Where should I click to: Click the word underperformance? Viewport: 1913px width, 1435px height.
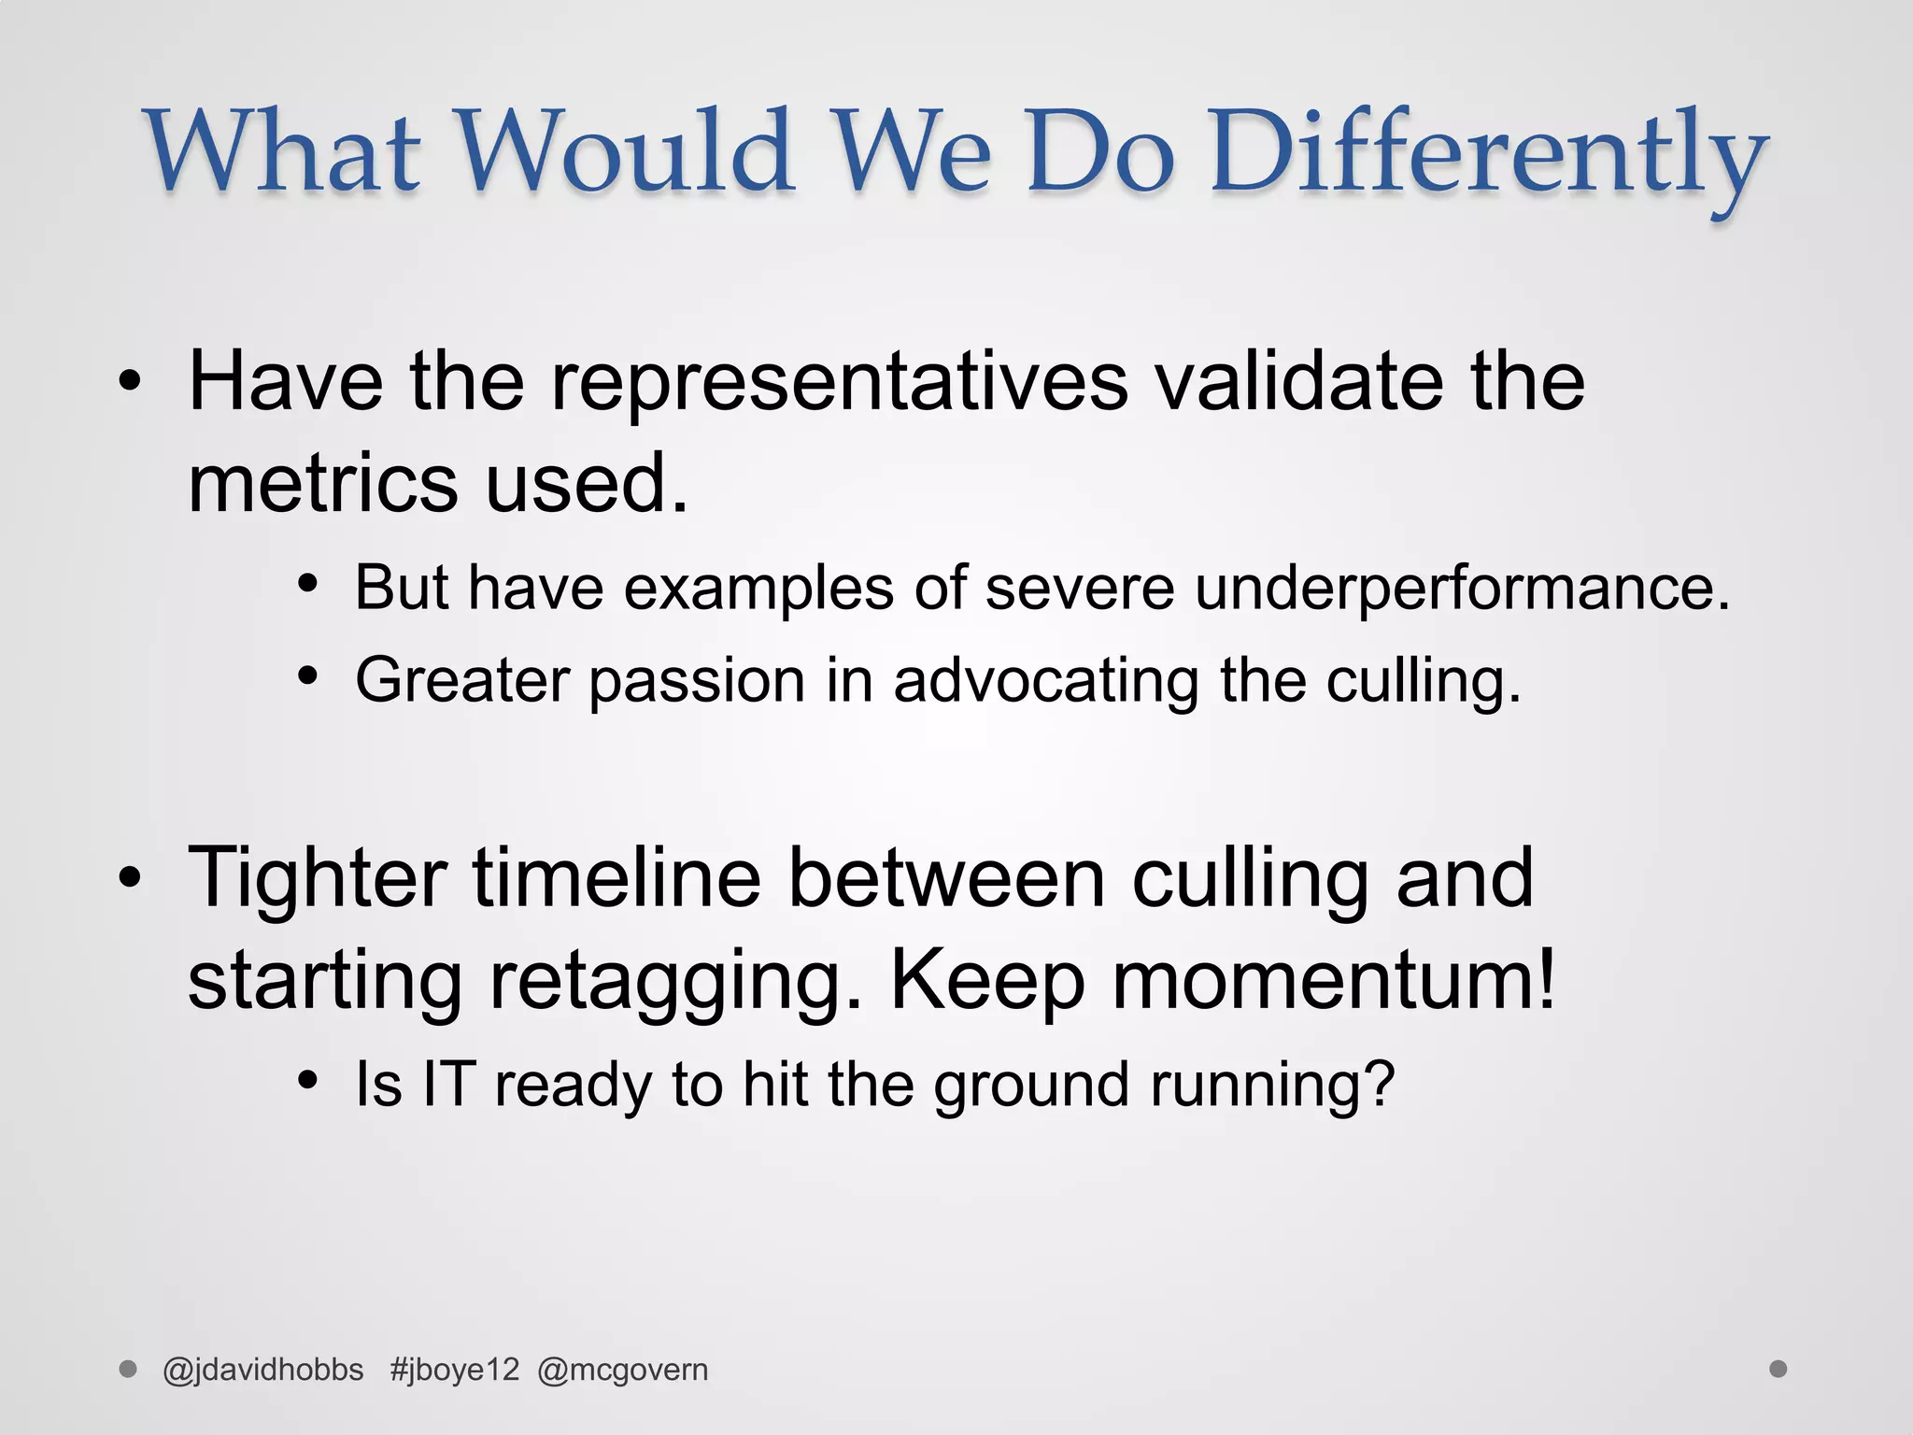(x=1462, y=588)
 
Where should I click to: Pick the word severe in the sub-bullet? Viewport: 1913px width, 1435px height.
(x=1079, y=588)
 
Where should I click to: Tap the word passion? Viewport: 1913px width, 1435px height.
(x=697, y=680)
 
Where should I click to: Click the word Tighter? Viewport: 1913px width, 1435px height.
(x=318, y=878)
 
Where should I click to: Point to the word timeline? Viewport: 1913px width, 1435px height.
(x=616, y=878)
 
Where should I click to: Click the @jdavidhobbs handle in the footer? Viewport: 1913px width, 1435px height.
(x=262, y=1370)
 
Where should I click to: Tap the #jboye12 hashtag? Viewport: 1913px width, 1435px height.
(x=454, y=1370)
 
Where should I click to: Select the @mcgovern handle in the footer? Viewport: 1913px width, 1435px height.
(x=623, y=1370)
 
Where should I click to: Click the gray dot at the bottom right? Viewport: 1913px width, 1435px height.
(x=1778, y=1369)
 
